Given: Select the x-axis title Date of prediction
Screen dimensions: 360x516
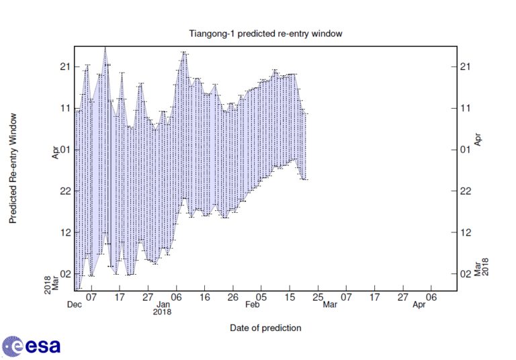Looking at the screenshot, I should (x=265, y=328).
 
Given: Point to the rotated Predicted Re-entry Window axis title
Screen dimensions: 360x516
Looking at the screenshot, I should (x=13, y=169).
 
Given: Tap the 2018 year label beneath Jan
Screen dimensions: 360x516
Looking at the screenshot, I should (x=162, y=312).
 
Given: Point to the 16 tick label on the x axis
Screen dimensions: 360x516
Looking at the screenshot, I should (x=205, y=296).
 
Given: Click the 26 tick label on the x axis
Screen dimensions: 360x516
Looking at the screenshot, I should (x=233, y=296).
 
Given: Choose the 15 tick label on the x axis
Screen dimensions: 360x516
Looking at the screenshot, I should (x=290, y=296).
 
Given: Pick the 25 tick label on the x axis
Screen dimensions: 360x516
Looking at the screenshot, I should (x=318, y=296).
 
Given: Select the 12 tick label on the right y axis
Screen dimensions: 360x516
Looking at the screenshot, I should (x=466, y=232).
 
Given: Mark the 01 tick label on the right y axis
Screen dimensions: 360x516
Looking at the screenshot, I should (x=466, y=149).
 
